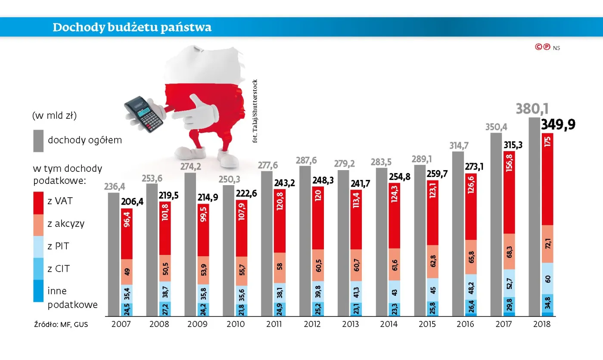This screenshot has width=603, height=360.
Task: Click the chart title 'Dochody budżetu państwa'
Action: click(132, 28)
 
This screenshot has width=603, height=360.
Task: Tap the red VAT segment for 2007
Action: click(127, 234)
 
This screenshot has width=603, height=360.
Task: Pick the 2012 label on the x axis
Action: click(312, 324)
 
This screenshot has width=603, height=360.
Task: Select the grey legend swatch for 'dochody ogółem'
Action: click(38, 140)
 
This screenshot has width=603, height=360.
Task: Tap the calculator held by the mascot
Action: click(143, 113)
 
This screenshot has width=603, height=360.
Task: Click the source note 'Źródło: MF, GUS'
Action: click(61, 324)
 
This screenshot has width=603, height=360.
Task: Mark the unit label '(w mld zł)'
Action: click(54, 115)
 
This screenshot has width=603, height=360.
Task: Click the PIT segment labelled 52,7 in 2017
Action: click(509, 283)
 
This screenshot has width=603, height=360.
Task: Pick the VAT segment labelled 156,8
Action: click(509, 192)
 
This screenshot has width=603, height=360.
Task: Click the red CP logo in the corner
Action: click(543, 47)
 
